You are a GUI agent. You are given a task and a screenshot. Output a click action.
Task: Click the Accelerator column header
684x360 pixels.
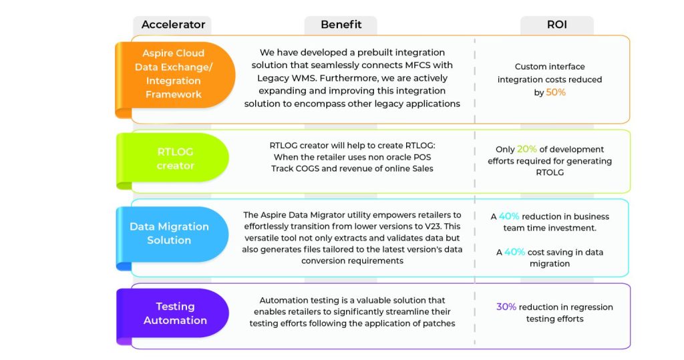coord(173,25)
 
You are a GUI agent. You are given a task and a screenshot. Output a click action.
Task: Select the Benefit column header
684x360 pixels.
coord(341,25)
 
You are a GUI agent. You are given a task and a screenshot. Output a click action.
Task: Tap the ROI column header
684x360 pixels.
coord(556,25)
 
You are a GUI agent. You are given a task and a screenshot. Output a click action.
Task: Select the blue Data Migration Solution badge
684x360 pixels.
coord(172,236)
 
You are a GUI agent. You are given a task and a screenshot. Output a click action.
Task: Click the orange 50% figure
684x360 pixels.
coord(555,92)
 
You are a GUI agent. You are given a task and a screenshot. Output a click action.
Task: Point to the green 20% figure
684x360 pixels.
coord(526,149)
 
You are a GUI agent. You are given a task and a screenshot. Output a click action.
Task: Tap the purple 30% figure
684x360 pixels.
coord(506,307)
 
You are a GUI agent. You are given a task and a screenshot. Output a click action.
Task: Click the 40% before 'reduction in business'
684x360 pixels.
coord(508,216)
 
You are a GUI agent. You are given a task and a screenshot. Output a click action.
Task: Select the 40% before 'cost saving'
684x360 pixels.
coord(514,252)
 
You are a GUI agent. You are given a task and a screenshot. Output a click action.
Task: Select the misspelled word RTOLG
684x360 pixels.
coord(550,172)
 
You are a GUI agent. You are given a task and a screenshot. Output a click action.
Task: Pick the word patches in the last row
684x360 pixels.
coord(440,323)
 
